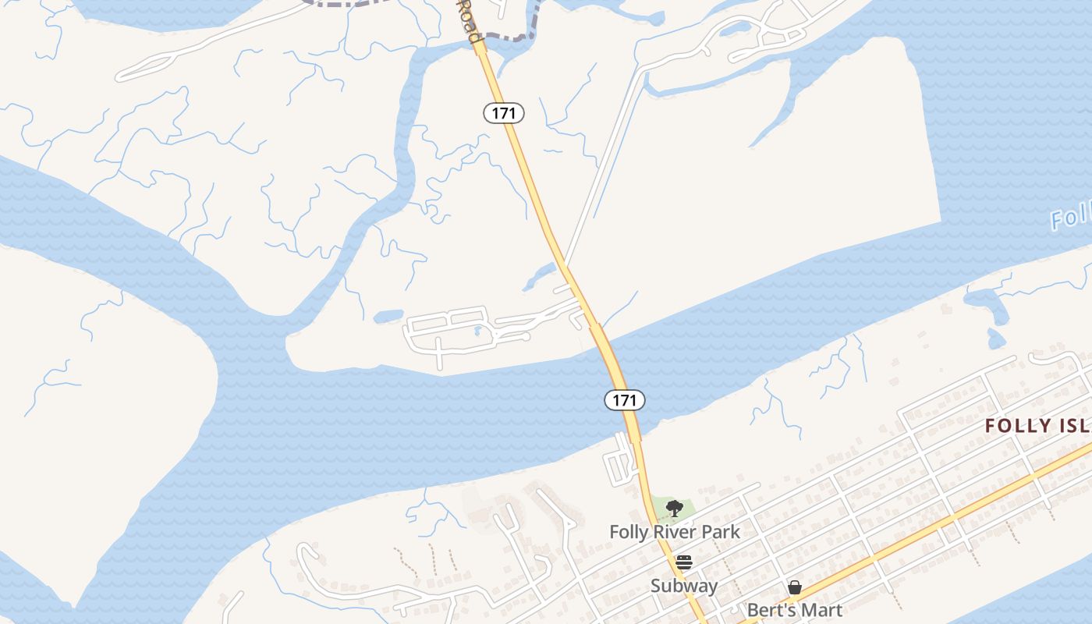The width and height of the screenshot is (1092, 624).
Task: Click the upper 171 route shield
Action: coord(504,113)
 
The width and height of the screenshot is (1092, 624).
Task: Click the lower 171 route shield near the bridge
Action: coord(624,400)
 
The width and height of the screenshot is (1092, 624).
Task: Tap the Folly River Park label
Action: coord(675,532)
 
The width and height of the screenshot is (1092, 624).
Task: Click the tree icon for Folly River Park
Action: coord(675,509)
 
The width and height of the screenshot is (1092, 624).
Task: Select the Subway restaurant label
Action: coord(684,586)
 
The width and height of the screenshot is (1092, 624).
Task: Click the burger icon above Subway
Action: coord(684,562)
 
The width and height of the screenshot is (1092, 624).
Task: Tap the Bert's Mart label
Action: coord(795,609)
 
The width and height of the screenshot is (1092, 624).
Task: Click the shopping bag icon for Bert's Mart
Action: coord(795,587)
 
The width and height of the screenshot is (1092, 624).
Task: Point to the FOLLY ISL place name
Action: coord(1037,426)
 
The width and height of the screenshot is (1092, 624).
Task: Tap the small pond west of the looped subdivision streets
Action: coord(388,317)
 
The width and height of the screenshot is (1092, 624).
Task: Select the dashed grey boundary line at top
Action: coord(507,36)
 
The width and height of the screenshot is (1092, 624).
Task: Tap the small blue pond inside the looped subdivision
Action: coord(477,331)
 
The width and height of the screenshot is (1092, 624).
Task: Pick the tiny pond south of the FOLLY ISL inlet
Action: coord(996,339)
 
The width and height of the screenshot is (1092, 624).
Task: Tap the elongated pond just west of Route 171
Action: coord(540,276)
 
